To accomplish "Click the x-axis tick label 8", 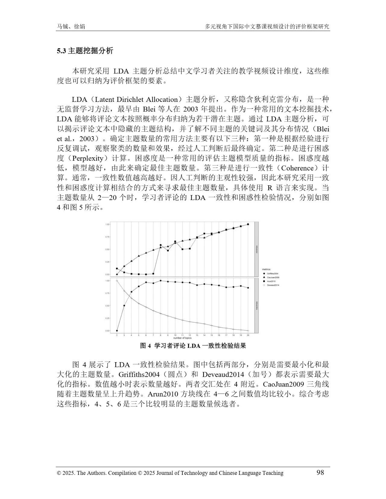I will point(160,335).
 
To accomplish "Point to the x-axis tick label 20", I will point(248,335).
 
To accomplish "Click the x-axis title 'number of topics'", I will point(182,338).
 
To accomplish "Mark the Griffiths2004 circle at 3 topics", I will point(124,306).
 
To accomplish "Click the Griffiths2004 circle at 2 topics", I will point(117,331).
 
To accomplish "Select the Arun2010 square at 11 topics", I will point(182,249).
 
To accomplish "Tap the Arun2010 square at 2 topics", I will point(117,268).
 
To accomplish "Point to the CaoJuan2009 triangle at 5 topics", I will point(139,256).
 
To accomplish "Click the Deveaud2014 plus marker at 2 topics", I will point(117,281).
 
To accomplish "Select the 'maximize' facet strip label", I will point(257,305).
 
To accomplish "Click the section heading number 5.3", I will point(62,51).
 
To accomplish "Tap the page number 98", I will point(320,472).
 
